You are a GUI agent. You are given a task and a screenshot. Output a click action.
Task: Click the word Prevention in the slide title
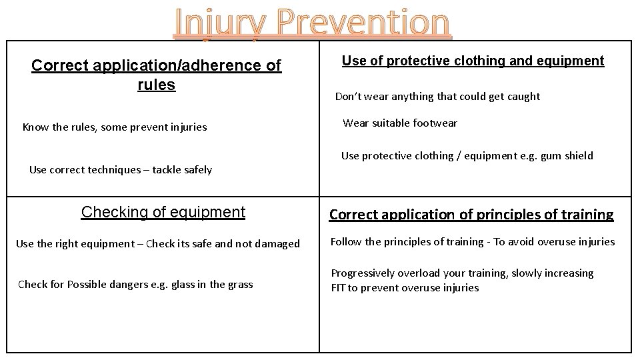click(x=364, y=23)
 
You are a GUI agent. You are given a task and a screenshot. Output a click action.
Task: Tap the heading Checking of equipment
click(x=163, y=212)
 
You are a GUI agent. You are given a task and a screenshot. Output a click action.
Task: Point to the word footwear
click(x=434, y=123)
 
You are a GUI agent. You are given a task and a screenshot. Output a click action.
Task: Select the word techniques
click(x=113, y=169)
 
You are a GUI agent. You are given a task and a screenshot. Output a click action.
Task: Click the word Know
click(x=35, y=127)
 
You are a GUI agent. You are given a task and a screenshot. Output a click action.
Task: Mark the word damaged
click(x=277, y=243)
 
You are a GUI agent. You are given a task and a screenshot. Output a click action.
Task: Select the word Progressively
click(x=363, y=273)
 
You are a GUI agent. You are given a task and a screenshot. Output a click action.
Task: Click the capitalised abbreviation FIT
click(x=339, y=287)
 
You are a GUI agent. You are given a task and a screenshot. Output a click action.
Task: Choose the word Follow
click(x=346, y=241)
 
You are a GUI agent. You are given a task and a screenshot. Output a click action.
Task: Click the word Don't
click(x=347, y=96)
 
